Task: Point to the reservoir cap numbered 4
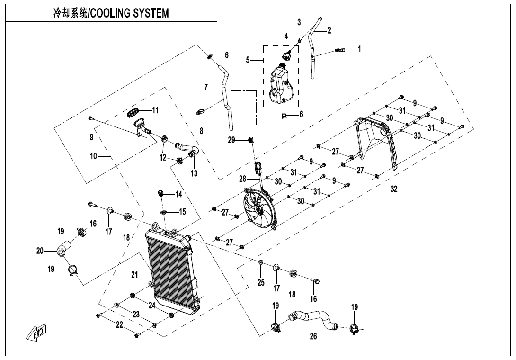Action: click(x=286, y=55)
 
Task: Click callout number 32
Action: click(x=394, y=189)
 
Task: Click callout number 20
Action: click(x=40, y=251)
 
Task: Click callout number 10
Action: click(x=93, y=155)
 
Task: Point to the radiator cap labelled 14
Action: click(x=161, y=193)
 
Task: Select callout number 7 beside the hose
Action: click(x=206, y=87)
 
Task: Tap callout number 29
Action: click(x=231, y=140)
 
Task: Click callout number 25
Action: click(x=260, y=283)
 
